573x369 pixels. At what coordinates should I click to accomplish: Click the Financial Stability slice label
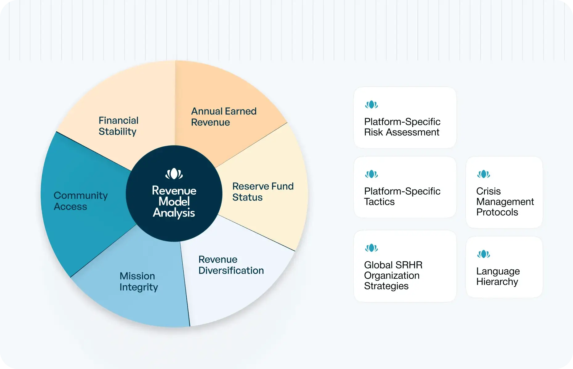click(118, 126)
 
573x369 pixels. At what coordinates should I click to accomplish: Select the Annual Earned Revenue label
click(224, 117)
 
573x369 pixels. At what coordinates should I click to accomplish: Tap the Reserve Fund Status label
click(263, 192)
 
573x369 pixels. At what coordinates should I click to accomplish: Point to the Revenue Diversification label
click(231, 265)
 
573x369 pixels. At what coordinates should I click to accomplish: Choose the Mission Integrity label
click(139, 281)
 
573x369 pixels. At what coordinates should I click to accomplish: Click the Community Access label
click(80, 201)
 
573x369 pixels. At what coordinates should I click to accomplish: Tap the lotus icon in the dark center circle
click(174, 174)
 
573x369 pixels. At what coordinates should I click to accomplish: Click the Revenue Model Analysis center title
click(174, 201)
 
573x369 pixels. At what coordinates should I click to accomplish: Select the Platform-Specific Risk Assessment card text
click(402, 127)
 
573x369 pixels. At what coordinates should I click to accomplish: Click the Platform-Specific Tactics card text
click(402, 196)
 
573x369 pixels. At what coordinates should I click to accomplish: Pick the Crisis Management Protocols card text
click(505, 201)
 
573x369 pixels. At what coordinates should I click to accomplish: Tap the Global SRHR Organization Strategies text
click(393, 275)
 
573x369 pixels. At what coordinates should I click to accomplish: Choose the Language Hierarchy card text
click(498, 276)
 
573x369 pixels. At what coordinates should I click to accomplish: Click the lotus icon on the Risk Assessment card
click(372, 105)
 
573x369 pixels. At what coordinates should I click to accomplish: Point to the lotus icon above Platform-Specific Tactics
click(372, 174)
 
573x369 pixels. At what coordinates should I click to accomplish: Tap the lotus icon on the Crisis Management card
click(484, 174)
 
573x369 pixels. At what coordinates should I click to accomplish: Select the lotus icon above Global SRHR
click(372, 248)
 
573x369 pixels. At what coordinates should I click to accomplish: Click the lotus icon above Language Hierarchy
click(484, 254)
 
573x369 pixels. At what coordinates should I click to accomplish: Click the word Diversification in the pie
click(231, 270)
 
